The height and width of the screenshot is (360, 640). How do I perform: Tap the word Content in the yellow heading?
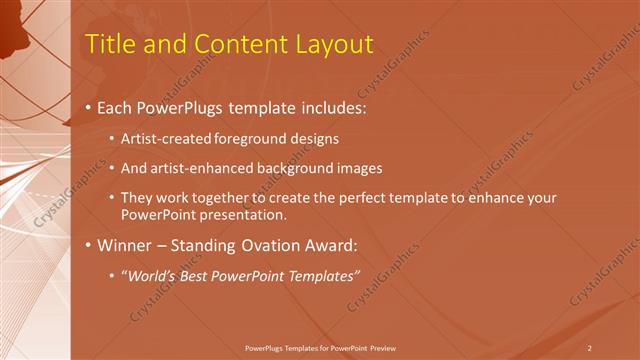click(x=229, y=44)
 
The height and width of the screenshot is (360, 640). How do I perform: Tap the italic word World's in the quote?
click(x=154, y=275)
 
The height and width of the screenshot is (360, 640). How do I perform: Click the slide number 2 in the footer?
click(x=590, y=347)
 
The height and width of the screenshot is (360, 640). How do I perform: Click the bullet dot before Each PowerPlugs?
click(x=89, y=106)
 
